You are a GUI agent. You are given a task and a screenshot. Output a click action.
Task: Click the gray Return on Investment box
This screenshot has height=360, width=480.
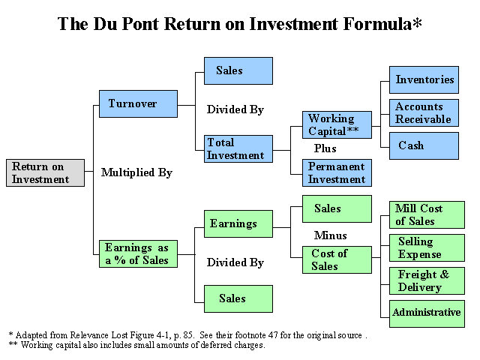[x=45, y=172]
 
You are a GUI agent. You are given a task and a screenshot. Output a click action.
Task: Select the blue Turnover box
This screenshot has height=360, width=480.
[x=138, y=103]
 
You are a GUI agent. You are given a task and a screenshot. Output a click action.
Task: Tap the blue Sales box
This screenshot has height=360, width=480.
[x=238, y=70]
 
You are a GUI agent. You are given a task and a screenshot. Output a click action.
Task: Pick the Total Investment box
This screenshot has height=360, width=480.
[x=238, y=148]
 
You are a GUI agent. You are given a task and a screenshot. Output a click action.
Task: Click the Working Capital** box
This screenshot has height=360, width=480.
[x=337, y=124]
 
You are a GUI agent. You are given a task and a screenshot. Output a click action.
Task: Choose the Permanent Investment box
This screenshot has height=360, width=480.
[x=337, y=172]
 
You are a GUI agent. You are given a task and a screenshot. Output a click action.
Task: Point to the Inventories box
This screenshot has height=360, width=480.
[x=424, y=79]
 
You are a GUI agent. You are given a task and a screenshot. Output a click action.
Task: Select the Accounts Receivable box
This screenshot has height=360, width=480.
[x=424, y=112]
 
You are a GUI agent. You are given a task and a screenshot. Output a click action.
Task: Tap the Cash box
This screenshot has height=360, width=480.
[x=424, y=145]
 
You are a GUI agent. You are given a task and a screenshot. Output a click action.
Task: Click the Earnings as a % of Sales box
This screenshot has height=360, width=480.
[x=138, y=253]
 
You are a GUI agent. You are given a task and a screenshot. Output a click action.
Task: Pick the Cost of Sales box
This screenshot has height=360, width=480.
[x=337, y=259]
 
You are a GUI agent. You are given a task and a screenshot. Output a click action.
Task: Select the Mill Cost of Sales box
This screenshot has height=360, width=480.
[x=427, y=214]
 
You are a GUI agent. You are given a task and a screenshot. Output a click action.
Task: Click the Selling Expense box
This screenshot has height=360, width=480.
[x=427, y=247]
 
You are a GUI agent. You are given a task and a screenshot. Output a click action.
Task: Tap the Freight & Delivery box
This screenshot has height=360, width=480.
[x=427, y=280]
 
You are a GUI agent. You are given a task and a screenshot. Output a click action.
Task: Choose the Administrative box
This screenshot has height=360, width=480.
[x=427, y=313]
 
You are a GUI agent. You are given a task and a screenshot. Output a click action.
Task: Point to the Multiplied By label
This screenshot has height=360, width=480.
[x=136, y=172]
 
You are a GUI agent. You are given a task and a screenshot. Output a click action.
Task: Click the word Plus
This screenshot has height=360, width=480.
[x=325, y=148]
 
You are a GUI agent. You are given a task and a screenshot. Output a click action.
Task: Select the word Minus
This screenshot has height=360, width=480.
[x=330, y=235]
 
